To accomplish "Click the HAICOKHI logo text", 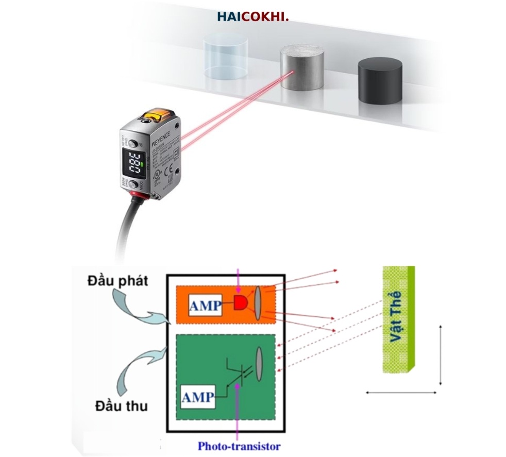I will click(252, 17).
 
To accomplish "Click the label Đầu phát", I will click(117, 281).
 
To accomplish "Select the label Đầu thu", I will click(121, 405).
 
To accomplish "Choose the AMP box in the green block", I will click(198, 397).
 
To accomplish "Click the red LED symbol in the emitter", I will click(240, 303).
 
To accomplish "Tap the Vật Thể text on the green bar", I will click(397, 317).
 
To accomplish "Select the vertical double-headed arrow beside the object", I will click(441, 355).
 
